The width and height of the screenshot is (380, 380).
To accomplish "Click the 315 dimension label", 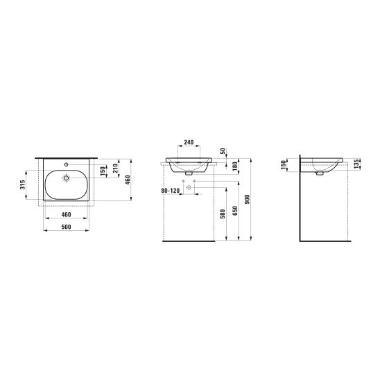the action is point(23,184).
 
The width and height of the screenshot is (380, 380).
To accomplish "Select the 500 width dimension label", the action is point(66,227).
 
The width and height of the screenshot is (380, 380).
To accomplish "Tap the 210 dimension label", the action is point(116,169).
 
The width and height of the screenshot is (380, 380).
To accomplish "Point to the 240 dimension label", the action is point(189,142).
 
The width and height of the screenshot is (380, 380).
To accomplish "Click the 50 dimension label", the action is point(223,151).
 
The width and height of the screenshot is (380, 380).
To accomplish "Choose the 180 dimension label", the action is point(235,166).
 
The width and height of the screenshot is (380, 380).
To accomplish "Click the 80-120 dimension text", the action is point(171,191).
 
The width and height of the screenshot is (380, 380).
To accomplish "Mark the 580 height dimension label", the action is point(223,214).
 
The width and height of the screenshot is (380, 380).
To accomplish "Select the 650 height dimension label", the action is point(235,211).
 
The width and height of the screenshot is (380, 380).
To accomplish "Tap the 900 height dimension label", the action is point(247,199).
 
